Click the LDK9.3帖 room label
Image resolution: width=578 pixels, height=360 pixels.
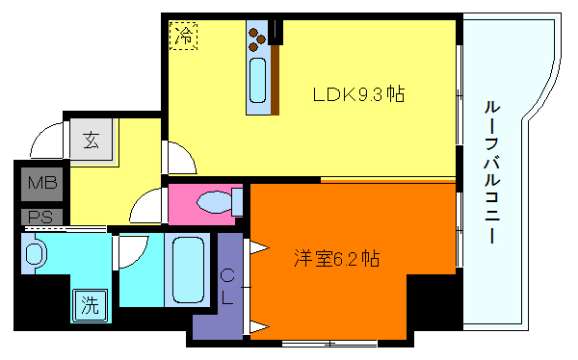click(x=357, y=94)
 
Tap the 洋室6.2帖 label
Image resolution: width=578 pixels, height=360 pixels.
click(x=336, y=258)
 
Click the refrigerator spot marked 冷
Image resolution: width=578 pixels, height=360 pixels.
click(x=183, y=37)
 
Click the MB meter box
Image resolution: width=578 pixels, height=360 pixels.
click(x=40, y=182)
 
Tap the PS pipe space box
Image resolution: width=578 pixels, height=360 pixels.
click(x=40, y=216)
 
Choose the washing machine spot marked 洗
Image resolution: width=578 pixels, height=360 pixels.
click(x=89, y=306)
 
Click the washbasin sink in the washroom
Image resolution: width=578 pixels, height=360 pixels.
click(x=36, y=255)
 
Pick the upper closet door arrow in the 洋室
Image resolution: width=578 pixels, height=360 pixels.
click(x=258, y=247)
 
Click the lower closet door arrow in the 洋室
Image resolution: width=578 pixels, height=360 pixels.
click(x=258, y=327)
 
